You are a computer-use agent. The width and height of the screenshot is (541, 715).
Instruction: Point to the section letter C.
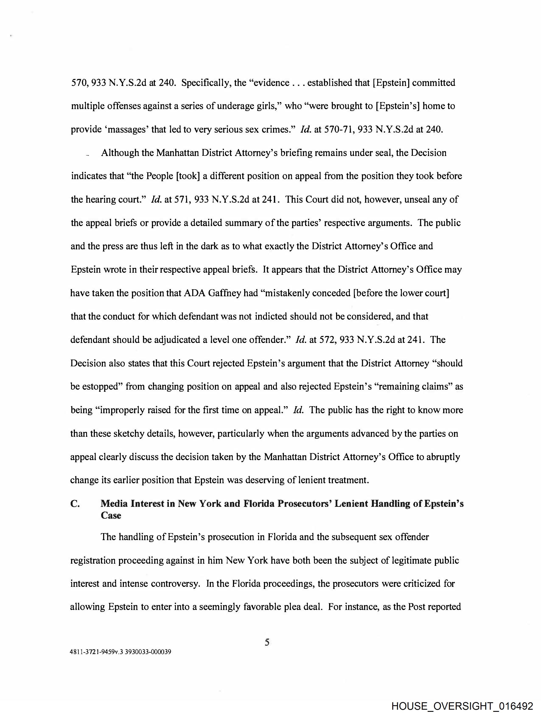coord(75,504)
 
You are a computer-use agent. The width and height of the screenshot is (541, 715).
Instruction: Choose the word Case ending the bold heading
coord(111,515)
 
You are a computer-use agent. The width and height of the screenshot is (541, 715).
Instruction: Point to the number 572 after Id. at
coord(327,340)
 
